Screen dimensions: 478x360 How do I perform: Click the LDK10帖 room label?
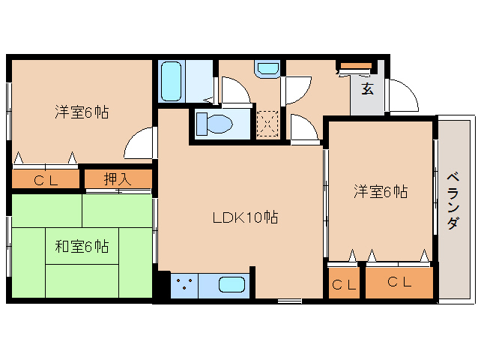[x=245, y=217]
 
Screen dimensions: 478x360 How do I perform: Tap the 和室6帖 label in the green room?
[x=82, y=247]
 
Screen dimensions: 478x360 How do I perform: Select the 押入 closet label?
[x=118, y=179]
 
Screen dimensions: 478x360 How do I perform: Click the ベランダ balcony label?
[x=453, y=201]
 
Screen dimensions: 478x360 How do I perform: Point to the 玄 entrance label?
[x=368, y=88]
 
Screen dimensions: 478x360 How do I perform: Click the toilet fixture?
[x=214, y=124]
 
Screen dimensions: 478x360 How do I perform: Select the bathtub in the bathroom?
[x=171, y=82]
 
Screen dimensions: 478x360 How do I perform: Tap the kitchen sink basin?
[x=232, y=285]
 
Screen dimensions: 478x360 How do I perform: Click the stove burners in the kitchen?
[x=184, y=284]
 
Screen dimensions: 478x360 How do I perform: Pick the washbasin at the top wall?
[x=267, y=69]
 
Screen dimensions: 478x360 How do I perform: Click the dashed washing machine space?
[x=267, y=124]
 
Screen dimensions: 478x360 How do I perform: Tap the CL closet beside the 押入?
[x=46, y=179]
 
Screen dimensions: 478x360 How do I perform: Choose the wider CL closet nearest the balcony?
[x=399, y=283]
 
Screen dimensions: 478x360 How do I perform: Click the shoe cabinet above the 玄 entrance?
[x=356, y=66]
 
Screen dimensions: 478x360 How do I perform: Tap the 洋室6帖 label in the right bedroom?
[x=381, y=192]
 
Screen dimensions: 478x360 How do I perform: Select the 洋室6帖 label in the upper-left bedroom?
[x=82, y=112]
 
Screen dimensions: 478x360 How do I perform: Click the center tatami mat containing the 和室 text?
[x=82, y=246]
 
